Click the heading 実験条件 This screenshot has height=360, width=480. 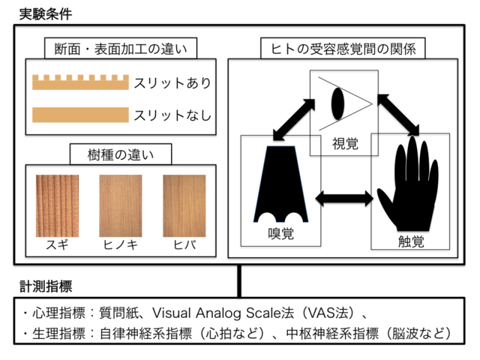coord(46,14)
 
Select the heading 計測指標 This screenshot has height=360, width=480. coord(46,286)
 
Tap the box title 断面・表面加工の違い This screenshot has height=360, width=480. coord(121,49)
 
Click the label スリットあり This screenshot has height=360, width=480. coord(172,83)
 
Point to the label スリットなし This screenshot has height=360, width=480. coord(172,115)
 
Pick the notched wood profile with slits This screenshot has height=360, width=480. coord(80,82)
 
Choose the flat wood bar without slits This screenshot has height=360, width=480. coord(80,115)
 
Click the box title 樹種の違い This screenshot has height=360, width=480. coord(121,154)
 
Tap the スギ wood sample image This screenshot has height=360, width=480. coord(57,205)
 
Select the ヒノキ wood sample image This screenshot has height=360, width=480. coord(121,205)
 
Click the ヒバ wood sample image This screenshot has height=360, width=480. coord(184,205)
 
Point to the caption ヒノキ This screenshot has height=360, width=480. coord(121,245)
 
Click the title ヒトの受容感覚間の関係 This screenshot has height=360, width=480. coord(343,49)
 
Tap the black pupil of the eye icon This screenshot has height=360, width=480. coord(337,103)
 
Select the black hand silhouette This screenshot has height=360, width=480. coord(408,184)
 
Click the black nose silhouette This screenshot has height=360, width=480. coord(280,184)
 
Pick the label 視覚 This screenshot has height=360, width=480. coord(345,143)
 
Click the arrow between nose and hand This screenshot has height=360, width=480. coord(344,198)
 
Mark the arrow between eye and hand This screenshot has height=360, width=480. coord(398,115)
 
